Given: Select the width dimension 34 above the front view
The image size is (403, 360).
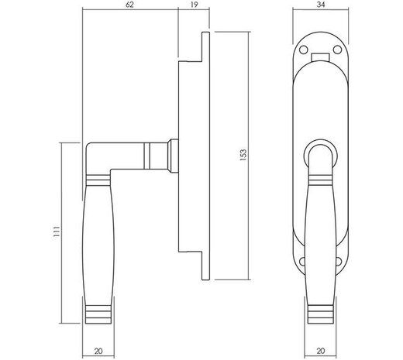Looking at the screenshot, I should pyautogui.click(x=319, y=5).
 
